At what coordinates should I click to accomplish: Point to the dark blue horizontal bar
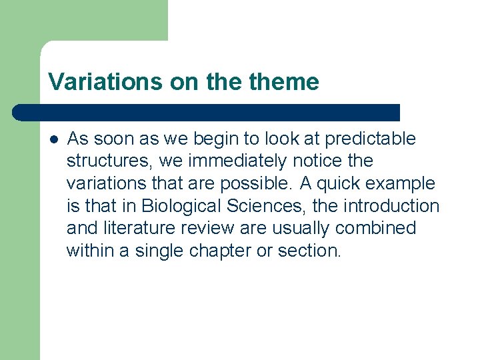207,112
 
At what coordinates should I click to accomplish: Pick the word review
208,229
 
